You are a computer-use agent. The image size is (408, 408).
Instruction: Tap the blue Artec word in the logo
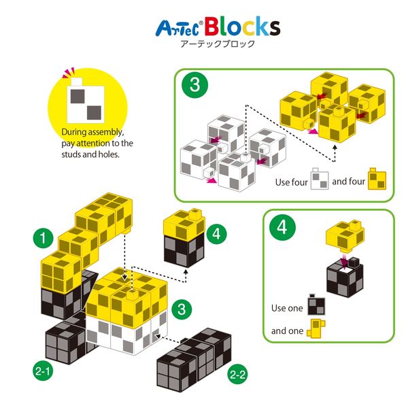point(178,29)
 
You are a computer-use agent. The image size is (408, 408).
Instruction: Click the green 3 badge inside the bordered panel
point(194,86)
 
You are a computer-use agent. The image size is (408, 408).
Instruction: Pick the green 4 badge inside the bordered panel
point(282,226)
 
